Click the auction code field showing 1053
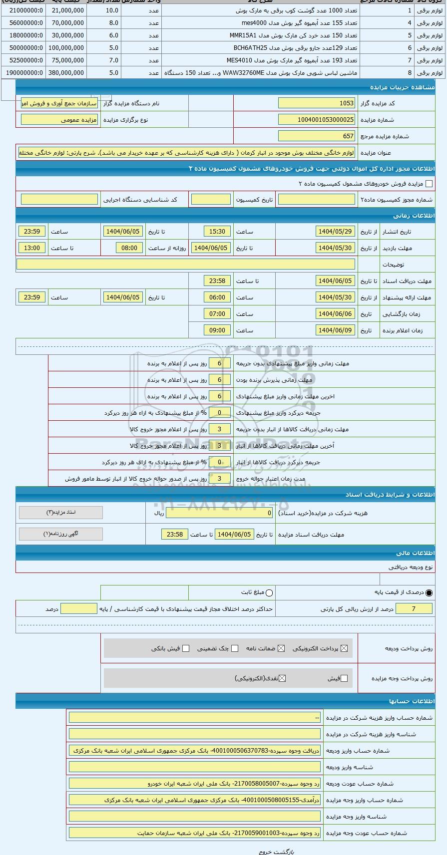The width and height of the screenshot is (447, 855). [x=316, y=103]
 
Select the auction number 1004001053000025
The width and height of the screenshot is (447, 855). [x=316, y=120]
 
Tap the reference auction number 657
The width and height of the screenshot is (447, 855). [x=316, y=136]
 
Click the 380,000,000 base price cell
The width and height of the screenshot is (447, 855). [x=66, y=73]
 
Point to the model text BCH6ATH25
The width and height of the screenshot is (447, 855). [x=248, y=48]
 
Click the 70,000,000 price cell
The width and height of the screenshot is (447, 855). [x=66, y=23]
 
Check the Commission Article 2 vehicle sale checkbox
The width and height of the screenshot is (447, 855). [x=429, y=184]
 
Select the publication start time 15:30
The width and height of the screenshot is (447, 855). [x=217, y=232]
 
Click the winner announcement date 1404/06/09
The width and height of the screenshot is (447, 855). [x=335, y=330]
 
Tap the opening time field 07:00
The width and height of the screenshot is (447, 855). [x=217, y=314]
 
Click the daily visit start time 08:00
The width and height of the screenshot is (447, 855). [x=129, y=248]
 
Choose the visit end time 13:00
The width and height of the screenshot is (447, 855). [x=32, y=248]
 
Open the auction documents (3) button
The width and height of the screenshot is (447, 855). [x=61, y=513]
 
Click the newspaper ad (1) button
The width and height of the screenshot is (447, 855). [x=61, y=534]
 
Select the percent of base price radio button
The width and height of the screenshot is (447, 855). [x=429, y=592]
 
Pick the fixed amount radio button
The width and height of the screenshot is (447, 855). [x=270, y=592]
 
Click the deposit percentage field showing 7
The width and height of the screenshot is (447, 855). [x=414, y=609]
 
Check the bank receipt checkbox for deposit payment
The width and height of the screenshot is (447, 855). [x=186, y=648]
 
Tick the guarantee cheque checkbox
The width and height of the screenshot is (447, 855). [x=235, y=648]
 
